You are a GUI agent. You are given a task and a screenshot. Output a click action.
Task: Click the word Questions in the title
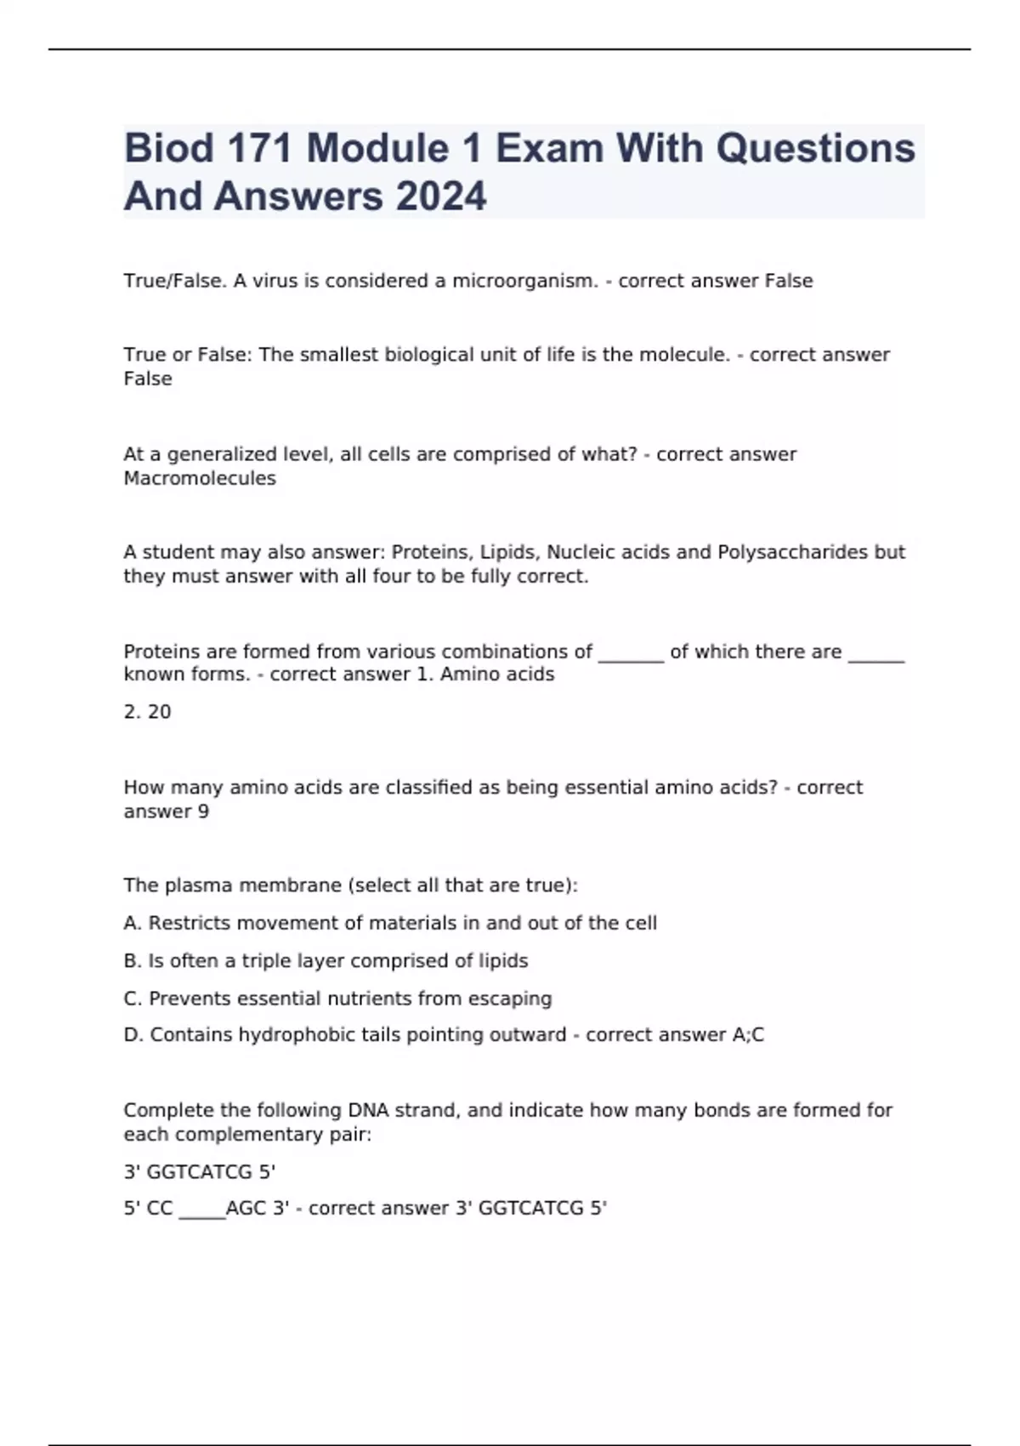[x=815, y=149]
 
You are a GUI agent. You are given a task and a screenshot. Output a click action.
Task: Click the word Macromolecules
[x=200, y=478]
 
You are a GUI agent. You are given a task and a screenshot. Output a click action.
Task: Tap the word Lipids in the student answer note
[x=509, y=552]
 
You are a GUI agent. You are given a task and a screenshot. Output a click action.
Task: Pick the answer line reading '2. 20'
[x=147, y=712]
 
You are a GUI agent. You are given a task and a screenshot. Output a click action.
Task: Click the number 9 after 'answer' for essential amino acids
[x=203, y=811]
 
